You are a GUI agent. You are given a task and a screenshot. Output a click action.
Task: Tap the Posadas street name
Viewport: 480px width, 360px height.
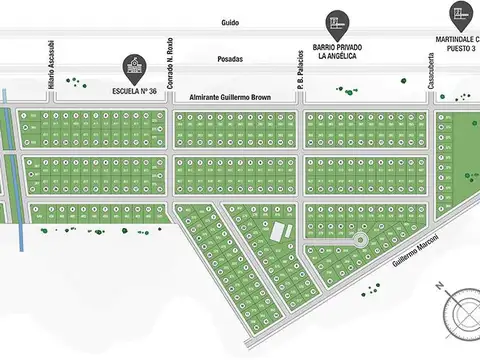pos(230,59)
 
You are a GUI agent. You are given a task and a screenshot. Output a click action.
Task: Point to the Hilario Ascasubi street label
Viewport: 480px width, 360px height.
pos(50,72)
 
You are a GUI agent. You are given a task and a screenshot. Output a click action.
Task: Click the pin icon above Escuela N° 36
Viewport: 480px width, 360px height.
pos(133,68)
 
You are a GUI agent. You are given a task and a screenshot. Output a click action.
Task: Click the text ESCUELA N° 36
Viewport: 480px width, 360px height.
pos(133,90)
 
